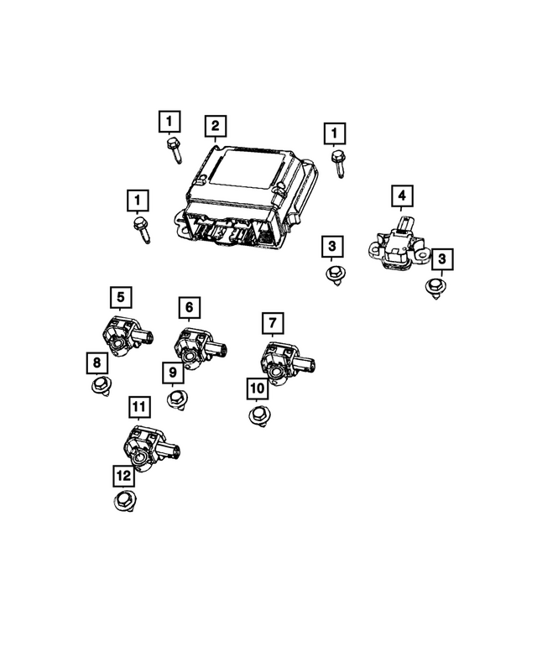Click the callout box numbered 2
click(x=216, y=126)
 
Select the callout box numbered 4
click(x=402, y=197)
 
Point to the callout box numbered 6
click(x=189, y=308)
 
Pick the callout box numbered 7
click(x=272, y=321)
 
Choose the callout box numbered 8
click(x=96, y=363)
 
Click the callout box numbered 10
click(x=257, y=389)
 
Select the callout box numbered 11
click(x=139, y=408)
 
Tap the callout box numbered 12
click(x=123, y=476)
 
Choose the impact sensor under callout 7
click(x=281, y=360)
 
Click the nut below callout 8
click(x=100, y=387)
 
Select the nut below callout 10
click(x=258, y=415)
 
